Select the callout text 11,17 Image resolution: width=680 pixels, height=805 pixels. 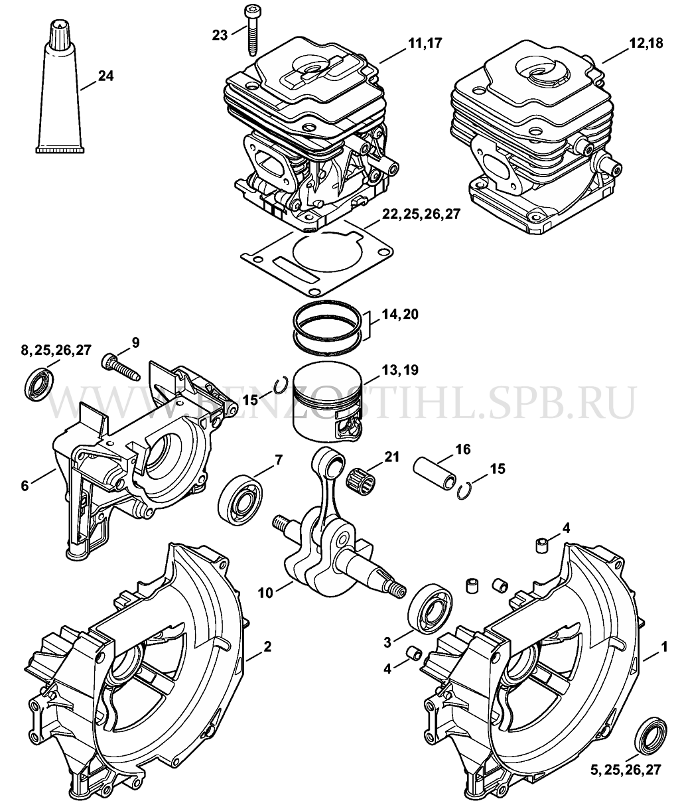point(425,42)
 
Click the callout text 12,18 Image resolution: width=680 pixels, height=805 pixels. point(646,42)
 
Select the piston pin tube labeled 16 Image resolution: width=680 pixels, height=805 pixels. point(435,474)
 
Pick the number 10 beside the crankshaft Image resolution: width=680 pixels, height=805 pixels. point(265,593)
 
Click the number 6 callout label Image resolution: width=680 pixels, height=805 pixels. point(25,486)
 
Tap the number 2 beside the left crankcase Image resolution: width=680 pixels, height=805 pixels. point(267,646)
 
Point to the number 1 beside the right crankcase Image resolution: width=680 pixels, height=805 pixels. point(664,646)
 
